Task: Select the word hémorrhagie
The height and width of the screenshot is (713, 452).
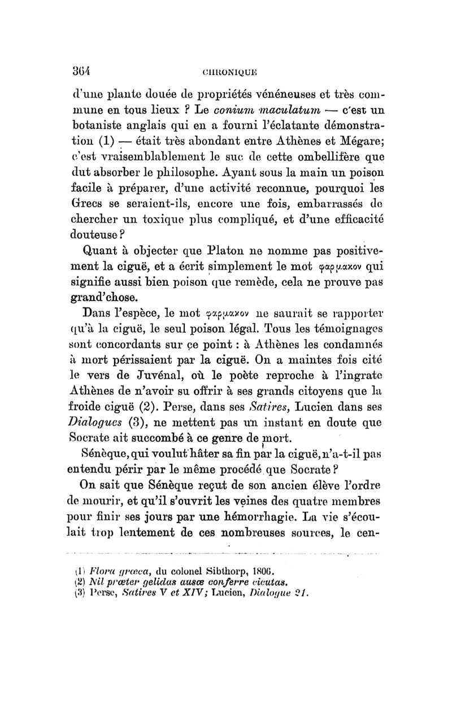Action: pos(268,514)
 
